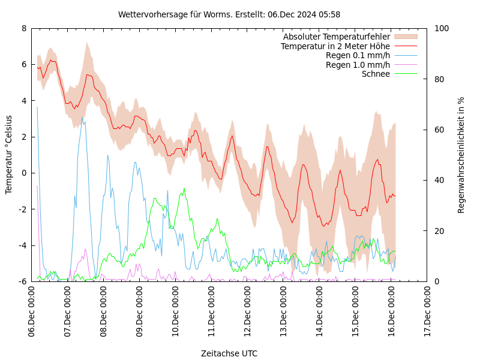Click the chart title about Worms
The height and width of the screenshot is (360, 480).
pyautogui.click(x=229, y=14)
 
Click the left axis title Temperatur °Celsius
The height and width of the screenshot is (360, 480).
pyautogui.click(x=9, y=155)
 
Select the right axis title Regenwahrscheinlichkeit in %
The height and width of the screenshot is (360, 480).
pyautogui.click(x=461, y=155)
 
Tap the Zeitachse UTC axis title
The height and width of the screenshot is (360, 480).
pyautogui.click(x=229, y=353)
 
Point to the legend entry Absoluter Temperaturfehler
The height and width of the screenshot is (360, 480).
pyautogui.click(x=336, y=37)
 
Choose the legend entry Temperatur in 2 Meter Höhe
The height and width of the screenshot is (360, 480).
pyautogui.click(x=335, y=46)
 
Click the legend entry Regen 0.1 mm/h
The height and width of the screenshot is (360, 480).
pyautogui.click(x=358, y=56)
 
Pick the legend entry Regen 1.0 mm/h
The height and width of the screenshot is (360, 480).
pyautogui.click(x=358, y=65)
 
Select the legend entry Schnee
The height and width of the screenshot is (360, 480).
pyautogui.click(x=376, y=74)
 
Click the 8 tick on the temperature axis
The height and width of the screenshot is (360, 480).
pyautogui.click(x=24, y=28)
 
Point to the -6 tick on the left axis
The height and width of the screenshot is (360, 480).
pyautogui.click(x=22, y=281)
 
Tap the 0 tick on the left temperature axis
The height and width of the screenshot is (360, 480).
pyautogui.click(x=24, y=173)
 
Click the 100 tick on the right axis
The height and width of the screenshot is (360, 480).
pyautogui.click(x=442, y=28)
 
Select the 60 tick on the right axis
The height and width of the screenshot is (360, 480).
pyautogui.click(x=439, y=130)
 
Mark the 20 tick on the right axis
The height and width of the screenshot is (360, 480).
pyautogui.click(x=439, y=231)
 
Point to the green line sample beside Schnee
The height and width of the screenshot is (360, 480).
pyautogui.click(x=405, y=74)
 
